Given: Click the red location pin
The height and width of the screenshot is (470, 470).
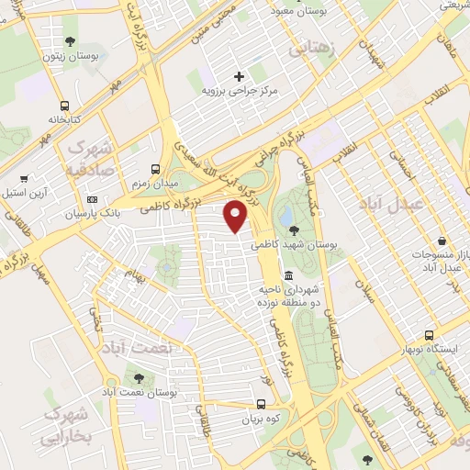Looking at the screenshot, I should coord(236,215).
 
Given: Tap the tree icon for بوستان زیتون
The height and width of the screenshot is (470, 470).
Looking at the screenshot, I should coord(71,40).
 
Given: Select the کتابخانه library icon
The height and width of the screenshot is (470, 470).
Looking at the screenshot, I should coord(64,105).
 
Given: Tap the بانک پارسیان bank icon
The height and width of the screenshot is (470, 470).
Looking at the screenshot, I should coord(92,199).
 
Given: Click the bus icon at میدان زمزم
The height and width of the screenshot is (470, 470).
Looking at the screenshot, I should coord(155,170).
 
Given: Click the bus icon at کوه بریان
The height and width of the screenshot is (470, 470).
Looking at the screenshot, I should coord(262,403).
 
